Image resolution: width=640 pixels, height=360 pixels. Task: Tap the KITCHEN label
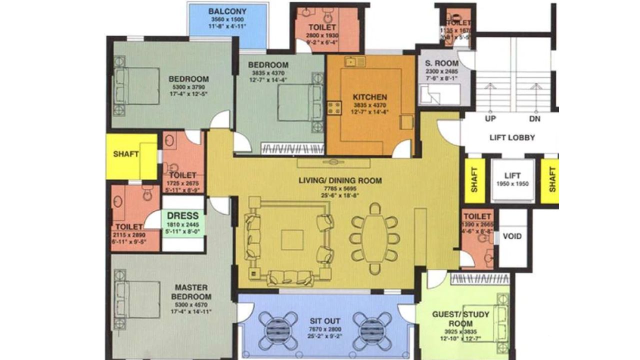point(370,97)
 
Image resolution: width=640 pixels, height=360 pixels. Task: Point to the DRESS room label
point(182,216)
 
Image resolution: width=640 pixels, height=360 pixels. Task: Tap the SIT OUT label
point(325,321)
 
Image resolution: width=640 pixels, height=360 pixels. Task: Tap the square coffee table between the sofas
point(291,239)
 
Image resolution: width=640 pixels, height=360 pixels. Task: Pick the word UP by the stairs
point(490,119)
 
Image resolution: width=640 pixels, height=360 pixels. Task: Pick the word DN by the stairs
point(534,119)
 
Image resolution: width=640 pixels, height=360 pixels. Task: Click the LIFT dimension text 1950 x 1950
point(512,184)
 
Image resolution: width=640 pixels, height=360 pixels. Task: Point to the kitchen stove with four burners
point(333,107)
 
